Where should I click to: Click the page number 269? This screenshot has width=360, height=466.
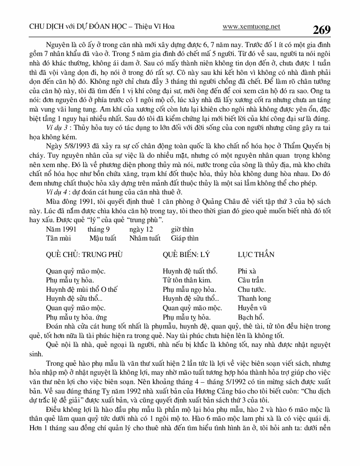pyautogui.click(x=321, y=30)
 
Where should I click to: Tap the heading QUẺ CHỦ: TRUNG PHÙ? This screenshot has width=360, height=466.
pyautogui.click(x=84, y=255)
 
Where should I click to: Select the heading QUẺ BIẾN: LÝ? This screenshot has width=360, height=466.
pyautogui.click(x=186, y=255)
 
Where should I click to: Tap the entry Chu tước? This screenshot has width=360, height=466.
pyautogui.click(x=252, y=289)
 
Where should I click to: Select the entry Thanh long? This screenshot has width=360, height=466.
pyautogui.click(x=255, y=298)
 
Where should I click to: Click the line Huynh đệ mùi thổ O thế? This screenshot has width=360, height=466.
pyautogui.click(x=81, y=289)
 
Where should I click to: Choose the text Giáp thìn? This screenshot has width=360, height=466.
pyautogui.click(x=184, y=238)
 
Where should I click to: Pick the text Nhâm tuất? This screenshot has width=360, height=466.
pyautogui.click(x=144, y=238)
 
